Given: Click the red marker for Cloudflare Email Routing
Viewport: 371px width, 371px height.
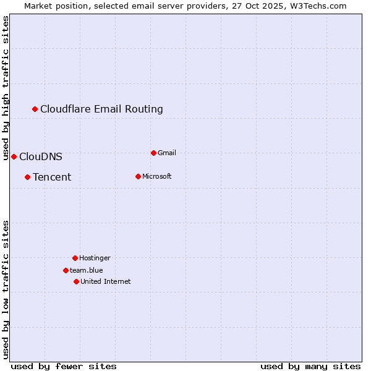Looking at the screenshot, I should (x=35, y=109).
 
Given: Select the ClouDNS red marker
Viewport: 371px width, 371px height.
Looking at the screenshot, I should (x=14, y=156).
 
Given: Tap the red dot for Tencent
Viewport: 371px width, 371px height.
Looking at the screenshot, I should (x=27, y=177).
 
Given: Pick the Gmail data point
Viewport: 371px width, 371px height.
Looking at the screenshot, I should (x=153, y=153).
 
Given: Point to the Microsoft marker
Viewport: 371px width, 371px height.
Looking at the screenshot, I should (x=138, y=177).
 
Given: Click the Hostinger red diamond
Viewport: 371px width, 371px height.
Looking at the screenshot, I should (x=75, y=258).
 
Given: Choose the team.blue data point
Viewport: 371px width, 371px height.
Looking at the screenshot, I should (x=66, y=270).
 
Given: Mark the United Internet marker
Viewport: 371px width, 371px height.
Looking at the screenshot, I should (x=76, y=281).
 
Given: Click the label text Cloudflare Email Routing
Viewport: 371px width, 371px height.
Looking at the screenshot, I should (x=101, y=109).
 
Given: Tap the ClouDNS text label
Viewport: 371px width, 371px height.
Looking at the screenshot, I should (x=41, y=157).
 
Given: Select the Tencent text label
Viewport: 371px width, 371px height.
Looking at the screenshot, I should (x=52, y=177).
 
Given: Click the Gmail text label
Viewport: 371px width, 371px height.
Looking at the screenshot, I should (x=167, y=153).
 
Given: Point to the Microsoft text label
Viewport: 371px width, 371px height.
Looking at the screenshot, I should (x=156, y=177).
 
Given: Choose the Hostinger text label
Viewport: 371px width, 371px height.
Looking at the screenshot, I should (x=95, y=258).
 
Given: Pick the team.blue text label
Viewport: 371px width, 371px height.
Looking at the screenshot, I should (x=87, y=270).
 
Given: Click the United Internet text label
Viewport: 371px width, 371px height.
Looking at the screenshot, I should (x=105, y=281).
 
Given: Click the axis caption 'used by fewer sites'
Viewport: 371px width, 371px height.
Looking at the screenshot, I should (x=64, y=366).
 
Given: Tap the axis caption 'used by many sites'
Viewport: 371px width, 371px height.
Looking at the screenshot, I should (x=310, y=366).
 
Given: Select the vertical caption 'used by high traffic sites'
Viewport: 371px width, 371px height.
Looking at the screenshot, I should (x=6, y=88).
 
